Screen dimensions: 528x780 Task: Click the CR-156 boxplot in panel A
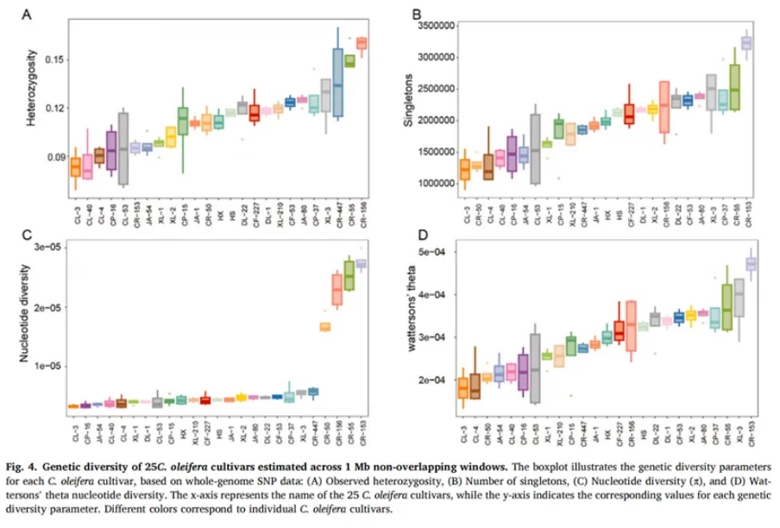click(362, 43)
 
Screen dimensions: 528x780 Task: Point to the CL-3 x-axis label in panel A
click(76, 204)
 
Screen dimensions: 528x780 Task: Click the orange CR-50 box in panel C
click(325, 326)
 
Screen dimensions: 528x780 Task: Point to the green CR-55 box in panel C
click(349, 275)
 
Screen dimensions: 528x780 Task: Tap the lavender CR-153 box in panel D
click(751, 263)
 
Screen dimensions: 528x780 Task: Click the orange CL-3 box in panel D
click(463, 387)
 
